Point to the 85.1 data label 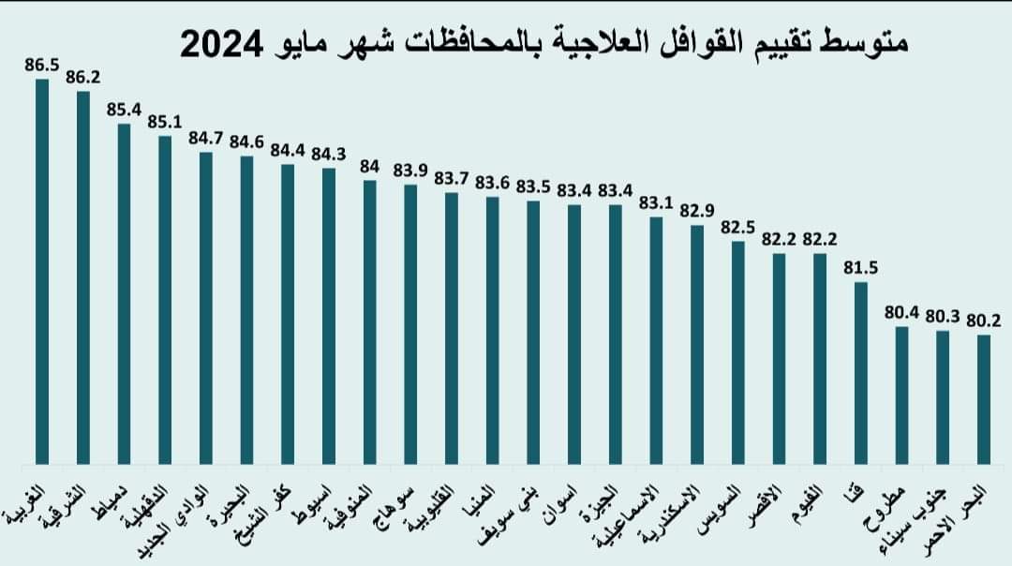(165, 123)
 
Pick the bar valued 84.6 (246, 309)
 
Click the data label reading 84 (370, 166)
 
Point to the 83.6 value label (493, 183)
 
